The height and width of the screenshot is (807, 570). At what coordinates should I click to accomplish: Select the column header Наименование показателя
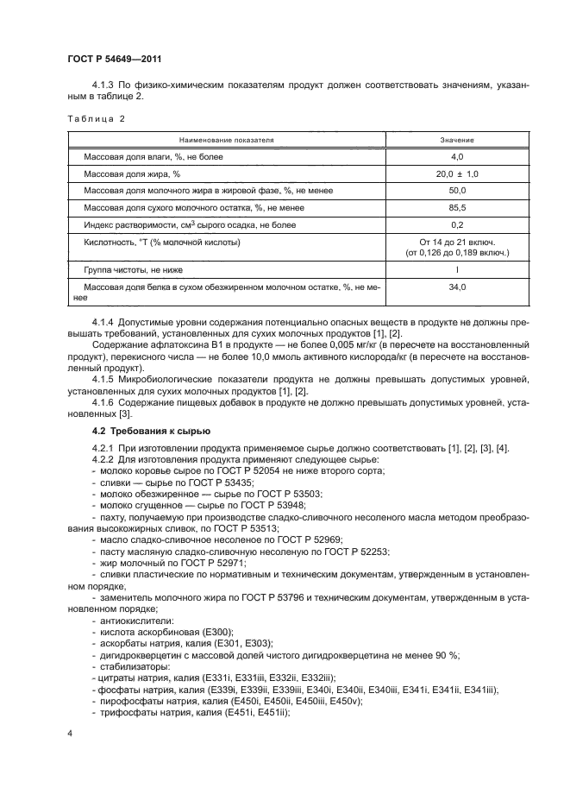tap(227, 139)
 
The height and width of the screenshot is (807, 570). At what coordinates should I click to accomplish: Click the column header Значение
tap(457, 139)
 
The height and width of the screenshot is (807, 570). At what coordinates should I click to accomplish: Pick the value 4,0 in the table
tap(457, 156)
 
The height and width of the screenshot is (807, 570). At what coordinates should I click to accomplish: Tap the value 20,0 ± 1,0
tap(457, 173)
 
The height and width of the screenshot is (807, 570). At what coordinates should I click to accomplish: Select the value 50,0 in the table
tap(457, 191)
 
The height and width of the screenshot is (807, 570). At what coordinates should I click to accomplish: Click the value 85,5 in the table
tap(457, 208)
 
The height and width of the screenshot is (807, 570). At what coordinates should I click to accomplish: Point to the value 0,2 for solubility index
tap(457, 225)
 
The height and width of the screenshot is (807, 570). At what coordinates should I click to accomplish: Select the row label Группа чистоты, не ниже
tap(133, 270)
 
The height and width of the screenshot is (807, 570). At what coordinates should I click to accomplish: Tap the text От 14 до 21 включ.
tap(457, 243)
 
